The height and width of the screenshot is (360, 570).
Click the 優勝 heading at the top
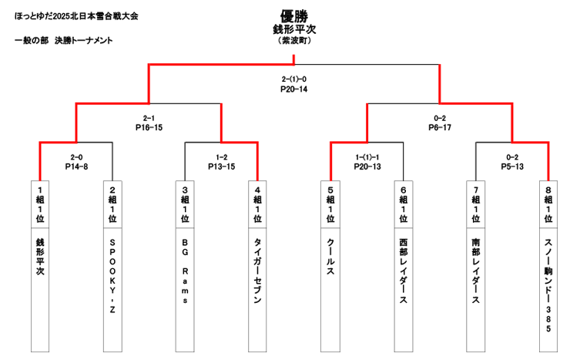pyautogui.click(x=293, y=15)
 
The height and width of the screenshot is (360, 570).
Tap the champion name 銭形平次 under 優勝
pyautogui.click(x=293, y=29)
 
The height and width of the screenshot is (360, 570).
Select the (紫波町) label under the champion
pyautogui.click(x=293, y=41)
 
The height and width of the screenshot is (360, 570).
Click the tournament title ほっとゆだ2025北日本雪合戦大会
pyautogui.click(x=76, y=15)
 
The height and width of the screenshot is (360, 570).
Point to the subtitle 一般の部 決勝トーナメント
pyautogui.click(x=63, y=40)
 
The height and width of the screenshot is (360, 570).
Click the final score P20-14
pyautogui.click(x=293, y=89)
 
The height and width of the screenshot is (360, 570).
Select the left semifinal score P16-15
pyautogui.click(x=149, y=127)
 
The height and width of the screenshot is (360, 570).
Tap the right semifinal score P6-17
pyautogui.click(x=439, y=127)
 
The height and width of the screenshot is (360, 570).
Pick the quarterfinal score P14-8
pyautogui.click(x=76, y=166)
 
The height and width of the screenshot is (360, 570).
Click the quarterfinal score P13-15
pyautogui.click(x=220, y=166)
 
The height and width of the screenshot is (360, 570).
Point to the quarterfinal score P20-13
pyautogui.click(x=367, y=166)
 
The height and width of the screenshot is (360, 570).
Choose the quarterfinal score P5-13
pyautogui.click(x=512, y=166)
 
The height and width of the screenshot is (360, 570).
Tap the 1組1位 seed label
pyautogui.click(x=40, y=204)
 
